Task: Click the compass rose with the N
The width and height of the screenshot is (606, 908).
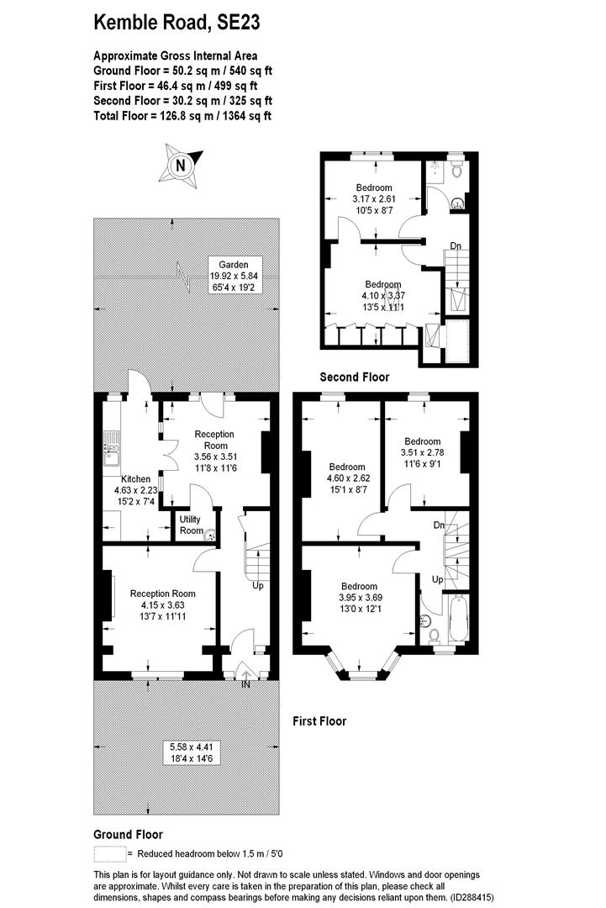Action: (x=179, y=166)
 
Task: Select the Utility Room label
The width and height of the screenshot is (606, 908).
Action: (x=191, y=525)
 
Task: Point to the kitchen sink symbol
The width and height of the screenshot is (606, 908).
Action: (x=110, y=448)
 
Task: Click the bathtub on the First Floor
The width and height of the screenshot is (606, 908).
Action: (x=459, y=618)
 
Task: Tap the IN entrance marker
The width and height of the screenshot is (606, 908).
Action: (x=245, y=686)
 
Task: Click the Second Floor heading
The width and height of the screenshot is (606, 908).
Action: (x=354, y=377)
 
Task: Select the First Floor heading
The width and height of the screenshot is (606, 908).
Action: (x=319, y=721)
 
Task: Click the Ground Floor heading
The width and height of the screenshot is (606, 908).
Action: (x=128, y=834)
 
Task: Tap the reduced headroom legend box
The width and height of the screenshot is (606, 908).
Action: (x=108, y=853)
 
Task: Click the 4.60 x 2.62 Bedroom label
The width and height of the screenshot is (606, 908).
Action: (x=347, y=478)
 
